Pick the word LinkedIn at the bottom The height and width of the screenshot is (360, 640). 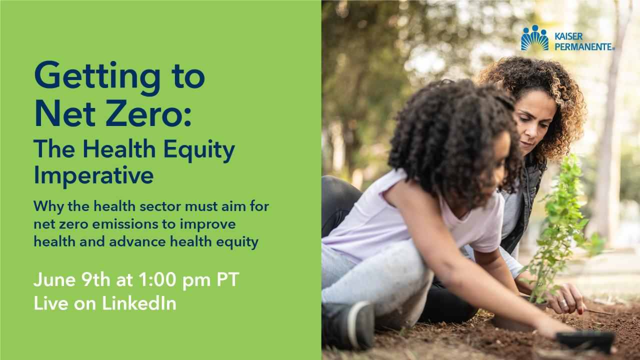tap(139, 303)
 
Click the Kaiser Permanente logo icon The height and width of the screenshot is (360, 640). tap(534, 38)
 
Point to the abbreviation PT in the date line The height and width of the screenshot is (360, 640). tap(227, 280)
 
